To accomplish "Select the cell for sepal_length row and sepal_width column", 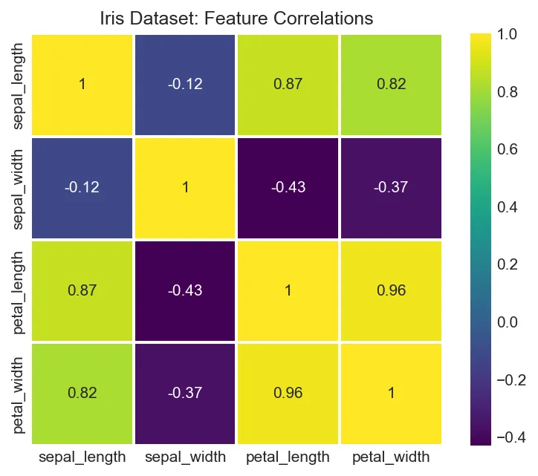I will (x=185, y=85).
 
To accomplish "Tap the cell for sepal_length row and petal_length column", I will (x=288, y=85).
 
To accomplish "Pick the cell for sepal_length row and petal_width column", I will (x=391, y=85).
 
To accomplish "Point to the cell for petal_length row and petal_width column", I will (x=391, y=290).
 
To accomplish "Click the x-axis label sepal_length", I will (x=82, y=456).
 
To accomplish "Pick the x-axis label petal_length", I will (x=288, y=456).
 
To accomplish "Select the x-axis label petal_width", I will (x=391, y=456).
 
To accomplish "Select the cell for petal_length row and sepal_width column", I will (x=185, y=290).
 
